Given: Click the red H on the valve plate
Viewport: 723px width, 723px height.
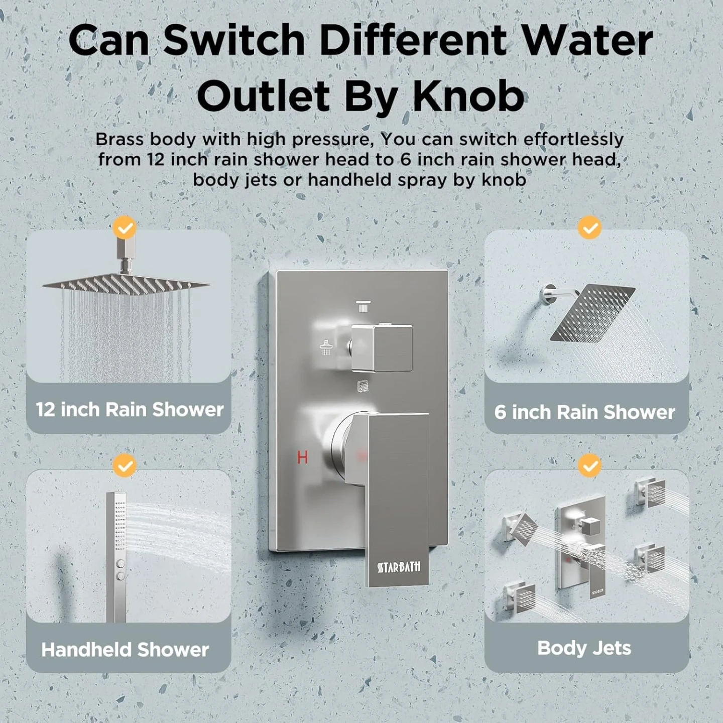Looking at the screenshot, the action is tap(302, 457).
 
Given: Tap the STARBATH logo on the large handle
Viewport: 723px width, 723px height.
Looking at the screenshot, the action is tap(399, 567).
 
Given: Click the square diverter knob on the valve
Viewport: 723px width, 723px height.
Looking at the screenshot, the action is tap(382, 348).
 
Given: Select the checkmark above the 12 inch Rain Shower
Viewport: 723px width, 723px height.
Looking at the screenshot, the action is tap(125, 227).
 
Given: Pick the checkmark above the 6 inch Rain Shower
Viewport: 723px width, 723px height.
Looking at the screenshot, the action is tap(590, 227).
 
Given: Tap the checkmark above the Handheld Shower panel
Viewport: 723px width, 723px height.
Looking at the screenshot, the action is tap(125, 466).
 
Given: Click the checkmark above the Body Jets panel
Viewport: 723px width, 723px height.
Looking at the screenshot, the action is tap(590, 466).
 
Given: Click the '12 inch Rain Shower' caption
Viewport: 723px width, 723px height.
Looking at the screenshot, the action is tap(130, 409).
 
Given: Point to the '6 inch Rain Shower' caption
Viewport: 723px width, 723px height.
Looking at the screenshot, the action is tap(584, 412).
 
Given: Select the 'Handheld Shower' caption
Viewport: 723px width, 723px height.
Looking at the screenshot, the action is tap(125, 650).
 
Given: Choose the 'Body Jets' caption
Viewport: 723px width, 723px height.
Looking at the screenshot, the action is tap(584, 648).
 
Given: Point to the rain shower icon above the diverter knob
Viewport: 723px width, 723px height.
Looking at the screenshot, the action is tap(363, 306).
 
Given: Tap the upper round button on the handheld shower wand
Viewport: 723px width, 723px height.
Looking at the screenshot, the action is tap(121, 563).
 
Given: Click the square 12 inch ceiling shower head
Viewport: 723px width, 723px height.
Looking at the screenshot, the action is tap(126, 283).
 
